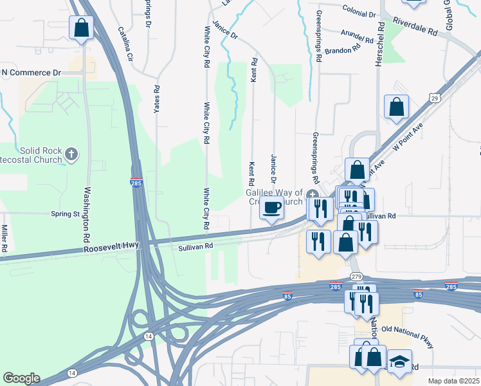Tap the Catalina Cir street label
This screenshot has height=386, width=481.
125,43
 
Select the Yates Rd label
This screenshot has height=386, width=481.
156,99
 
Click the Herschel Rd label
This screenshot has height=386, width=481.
380,44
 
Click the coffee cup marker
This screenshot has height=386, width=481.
271,207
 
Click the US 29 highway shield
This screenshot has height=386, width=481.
435,98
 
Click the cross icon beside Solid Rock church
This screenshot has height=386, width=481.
71,154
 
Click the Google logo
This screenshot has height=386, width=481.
21,378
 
